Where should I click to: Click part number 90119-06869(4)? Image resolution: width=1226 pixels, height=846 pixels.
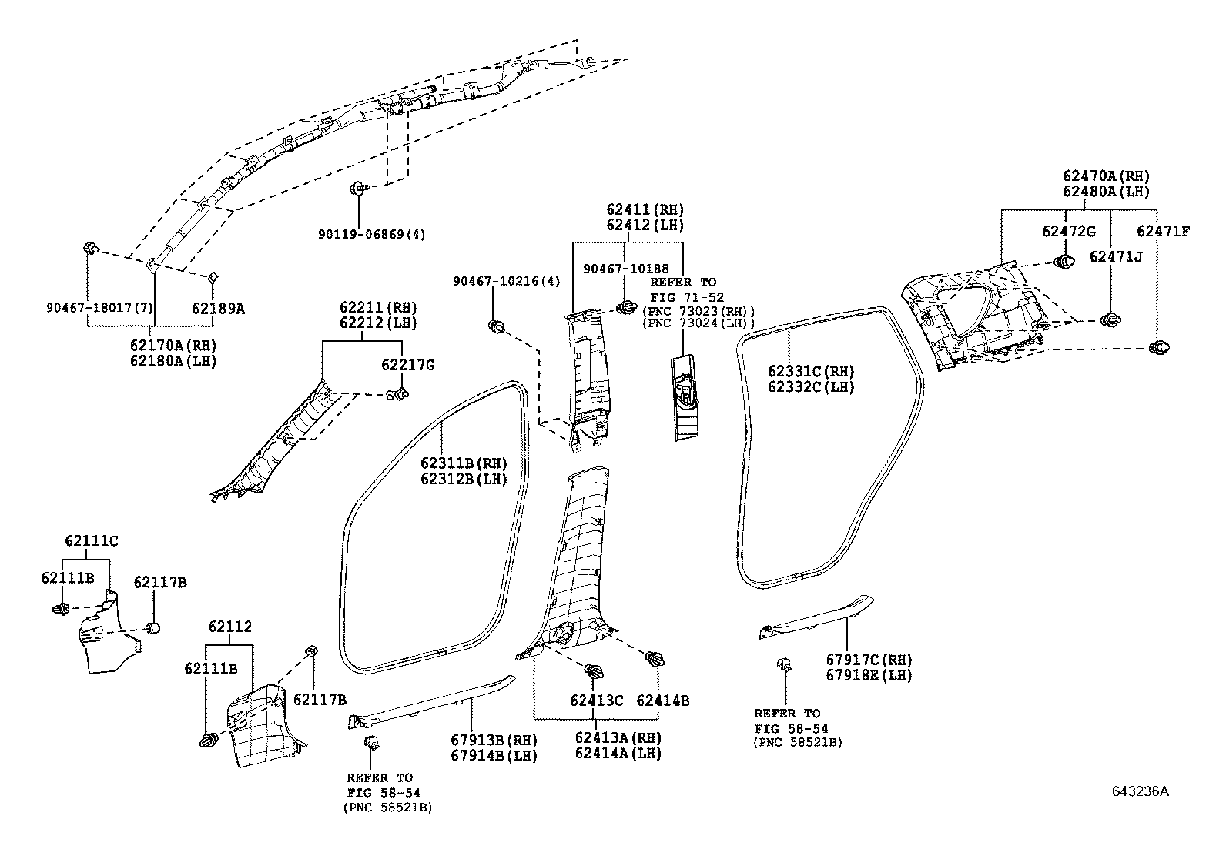[370, 234]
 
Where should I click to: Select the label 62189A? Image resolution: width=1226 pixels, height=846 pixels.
[218, 309]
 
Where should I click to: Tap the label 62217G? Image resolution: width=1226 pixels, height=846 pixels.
[407, 365]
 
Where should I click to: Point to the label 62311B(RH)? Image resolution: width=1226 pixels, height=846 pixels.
[464, 463]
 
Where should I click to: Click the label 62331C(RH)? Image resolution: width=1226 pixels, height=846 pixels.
[811, 371]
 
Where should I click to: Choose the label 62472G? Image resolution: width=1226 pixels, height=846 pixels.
[1069, 232]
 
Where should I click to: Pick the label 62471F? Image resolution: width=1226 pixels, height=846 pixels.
[1163, 231]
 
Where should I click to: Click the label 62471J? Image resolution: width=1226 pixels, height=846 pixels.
[1116, 256]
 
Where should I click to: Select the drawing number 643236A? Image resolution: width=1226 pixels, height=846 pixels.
[1141, 791]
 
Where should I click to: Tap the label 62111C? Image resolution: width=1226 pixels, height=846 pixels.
[92, 540]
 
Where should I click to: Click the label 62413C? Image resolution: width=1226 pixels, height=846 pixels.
[596, 701]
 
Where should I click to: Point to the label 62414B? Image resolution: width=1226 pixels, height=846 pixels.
[662, 701]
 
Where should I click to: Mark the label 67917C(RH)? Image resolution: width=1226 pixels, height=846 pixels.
[869, 660]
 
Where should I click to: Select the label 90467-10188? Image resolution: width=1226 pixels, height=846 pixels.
[625, 268]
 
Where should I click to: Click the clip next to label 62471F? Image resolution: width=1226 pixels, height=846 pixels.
[1159, 348]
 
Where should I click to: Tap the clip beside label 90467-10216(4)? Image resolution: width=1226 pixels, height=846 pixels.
[497, 326]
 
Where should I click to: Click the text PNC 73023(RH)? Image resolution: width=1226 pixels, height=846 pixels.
[698, 311]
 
